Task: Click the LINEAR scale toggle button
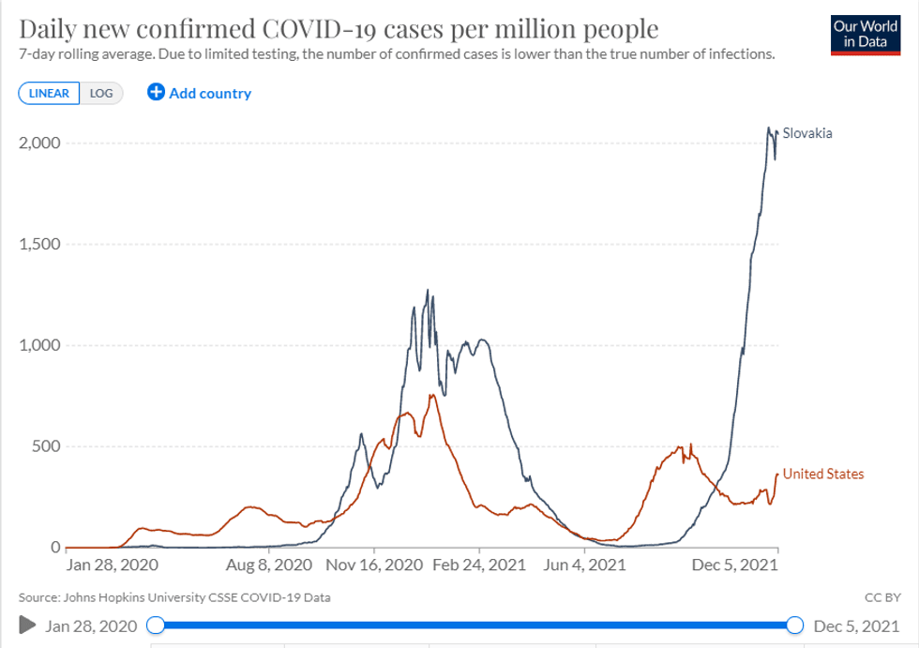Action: coord(49,93)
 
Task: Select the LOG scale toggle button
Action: coord(101,93)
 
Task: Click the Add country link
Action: coord(199,93)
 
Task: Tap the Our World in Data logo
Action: coord(866,34)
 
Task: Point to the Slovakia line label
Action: coord(807,133)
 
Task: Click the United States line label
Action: coord(823,474)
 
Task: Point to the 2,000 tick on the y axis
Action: coord(39,143)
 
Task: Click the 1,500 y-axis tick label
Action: coord(39,244)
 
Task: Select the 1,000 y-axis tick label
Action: coord(39,345)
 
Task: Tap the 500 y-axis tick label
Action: coord(46,446)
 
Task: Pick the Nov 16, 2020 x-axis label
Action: coord(373,565)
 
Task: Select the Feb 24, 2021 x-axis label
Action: coord(479,565)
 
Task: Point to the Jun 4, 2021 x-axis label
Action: coord(586,565)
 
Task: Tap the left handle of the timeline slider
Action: coord(157,625)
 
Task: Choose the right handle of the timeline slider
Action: coord(795,625)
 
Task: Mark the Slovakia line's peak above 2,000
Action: coord(769,128)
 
